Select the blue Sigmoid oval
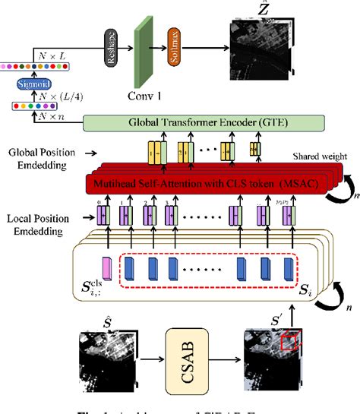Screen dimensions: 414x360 [22, 84]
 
